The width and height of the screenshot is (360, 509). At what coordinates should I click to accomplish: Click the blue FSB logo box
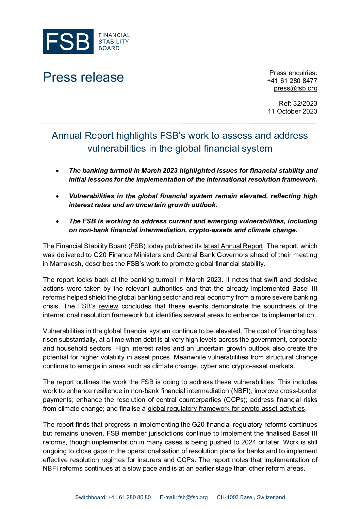(68, 41)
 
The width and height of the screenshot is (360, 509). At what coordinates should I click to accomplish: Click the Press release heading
(83, 77)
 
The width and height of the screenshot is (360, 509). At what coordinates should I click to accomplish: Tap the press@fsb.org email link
(295, 88)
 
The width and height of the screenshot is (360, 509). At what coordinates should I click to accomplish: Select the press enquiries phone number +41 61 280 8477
(292, 81)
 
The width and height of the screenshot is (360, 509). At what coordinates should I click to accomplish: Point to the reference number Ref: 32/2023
(298, 103)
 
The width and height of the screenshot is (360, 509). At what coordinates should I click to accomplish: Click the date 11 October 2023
(292, 111)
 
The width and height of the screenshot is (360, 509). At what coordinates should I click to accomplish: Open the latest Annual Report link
(233, 246)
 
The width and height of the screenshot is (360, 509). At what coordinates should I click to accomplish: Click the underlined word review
(109, 306)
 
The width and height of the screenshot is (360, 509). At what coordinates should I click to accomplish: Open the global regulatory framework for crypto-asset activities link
(226, 409)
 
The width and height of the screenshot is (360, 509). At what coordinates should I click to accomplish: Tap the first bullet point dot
(58, 171)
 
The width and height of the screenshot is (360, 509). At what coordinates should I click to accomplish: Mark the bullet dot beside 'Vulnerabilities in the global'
(58, 197)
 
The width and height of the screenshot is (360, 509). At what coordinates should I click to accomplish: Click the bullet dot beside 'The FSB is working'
(58, 222)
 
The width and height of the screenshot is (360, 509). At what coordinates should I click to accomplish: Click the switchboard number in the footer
(129, 497)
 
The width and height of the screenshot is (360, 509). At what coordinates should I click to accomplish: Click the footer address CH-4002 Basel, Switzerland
(251, 497)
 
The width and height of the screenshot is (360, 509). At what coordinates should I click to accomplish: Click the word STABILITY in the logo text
(114, 41)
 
